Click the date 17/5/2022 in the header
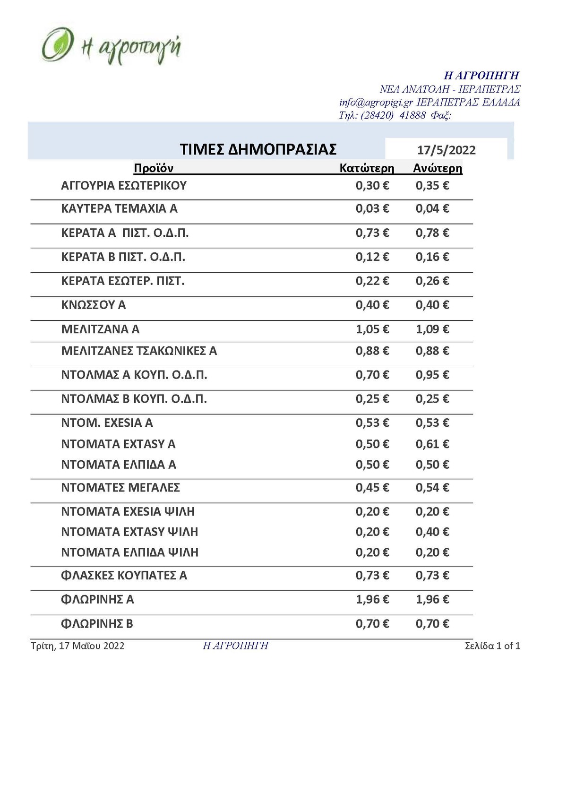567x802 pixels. pyautogui.click(x=446, y=150)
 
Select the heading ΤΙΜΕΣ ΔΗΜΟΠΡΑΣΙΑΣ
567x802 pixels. pyautogui.click(x=258, y=149)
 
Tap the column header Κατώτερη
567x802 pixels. pyautogui.click(x=367, y=168)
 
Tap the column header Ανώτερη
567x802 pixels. pyautogui.click(x=438, y=168)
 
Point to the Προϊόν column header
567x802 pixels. pyautogui.click(x=154, y=168)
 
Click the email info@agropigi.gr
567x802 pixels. pyautogui.click(x=376, y=103)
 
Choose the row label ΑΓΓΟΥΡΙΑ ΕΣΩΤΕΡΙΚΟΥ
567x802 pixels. pyautogui.click(x=124, y=186)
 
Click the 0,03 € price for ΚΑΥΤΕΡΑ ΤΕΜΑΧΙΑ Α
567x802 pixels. pyautogui.click(x=372, y=209)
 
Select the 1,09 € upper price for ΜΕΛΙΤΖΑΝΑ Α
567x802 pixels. pyautogui.click(x=432, y=329)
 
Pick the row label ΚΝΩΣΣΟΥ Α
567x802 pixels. pyautogui.click(x=94, y=305)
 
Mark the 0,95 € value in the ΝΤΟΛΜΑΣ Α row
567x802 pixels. pyautogui.click(x=432, y=375)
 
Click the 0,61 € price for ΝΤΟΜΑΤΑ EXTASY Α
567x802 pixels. pyautogui.click(x=432, y=444)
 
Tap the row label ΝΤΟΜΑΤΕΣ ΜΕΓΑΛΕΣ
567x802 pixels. pyautogui.click(x=120, y=488)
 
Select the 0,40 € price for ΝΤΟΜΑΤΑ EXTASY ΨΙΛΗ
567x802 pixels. pyautogui.click(x=432, y=532)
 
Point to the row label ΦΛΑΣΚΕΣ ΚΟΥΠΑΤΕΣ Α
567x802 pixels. pyautogui.click(x=124, y=576)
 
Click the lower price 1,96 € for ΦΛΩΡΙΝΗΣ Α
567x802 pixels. pyautogui.click(x=372, y=600)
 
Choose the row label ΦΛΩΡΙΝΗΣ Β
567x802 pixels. pyautogui.click(x=97, y=624)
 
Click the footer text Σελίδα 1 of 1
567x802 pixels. pyautogui.click(x=492, y=646)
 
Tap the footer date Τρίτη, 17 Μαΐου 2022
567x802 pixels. pyautogui.click(x=77, y=646)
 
